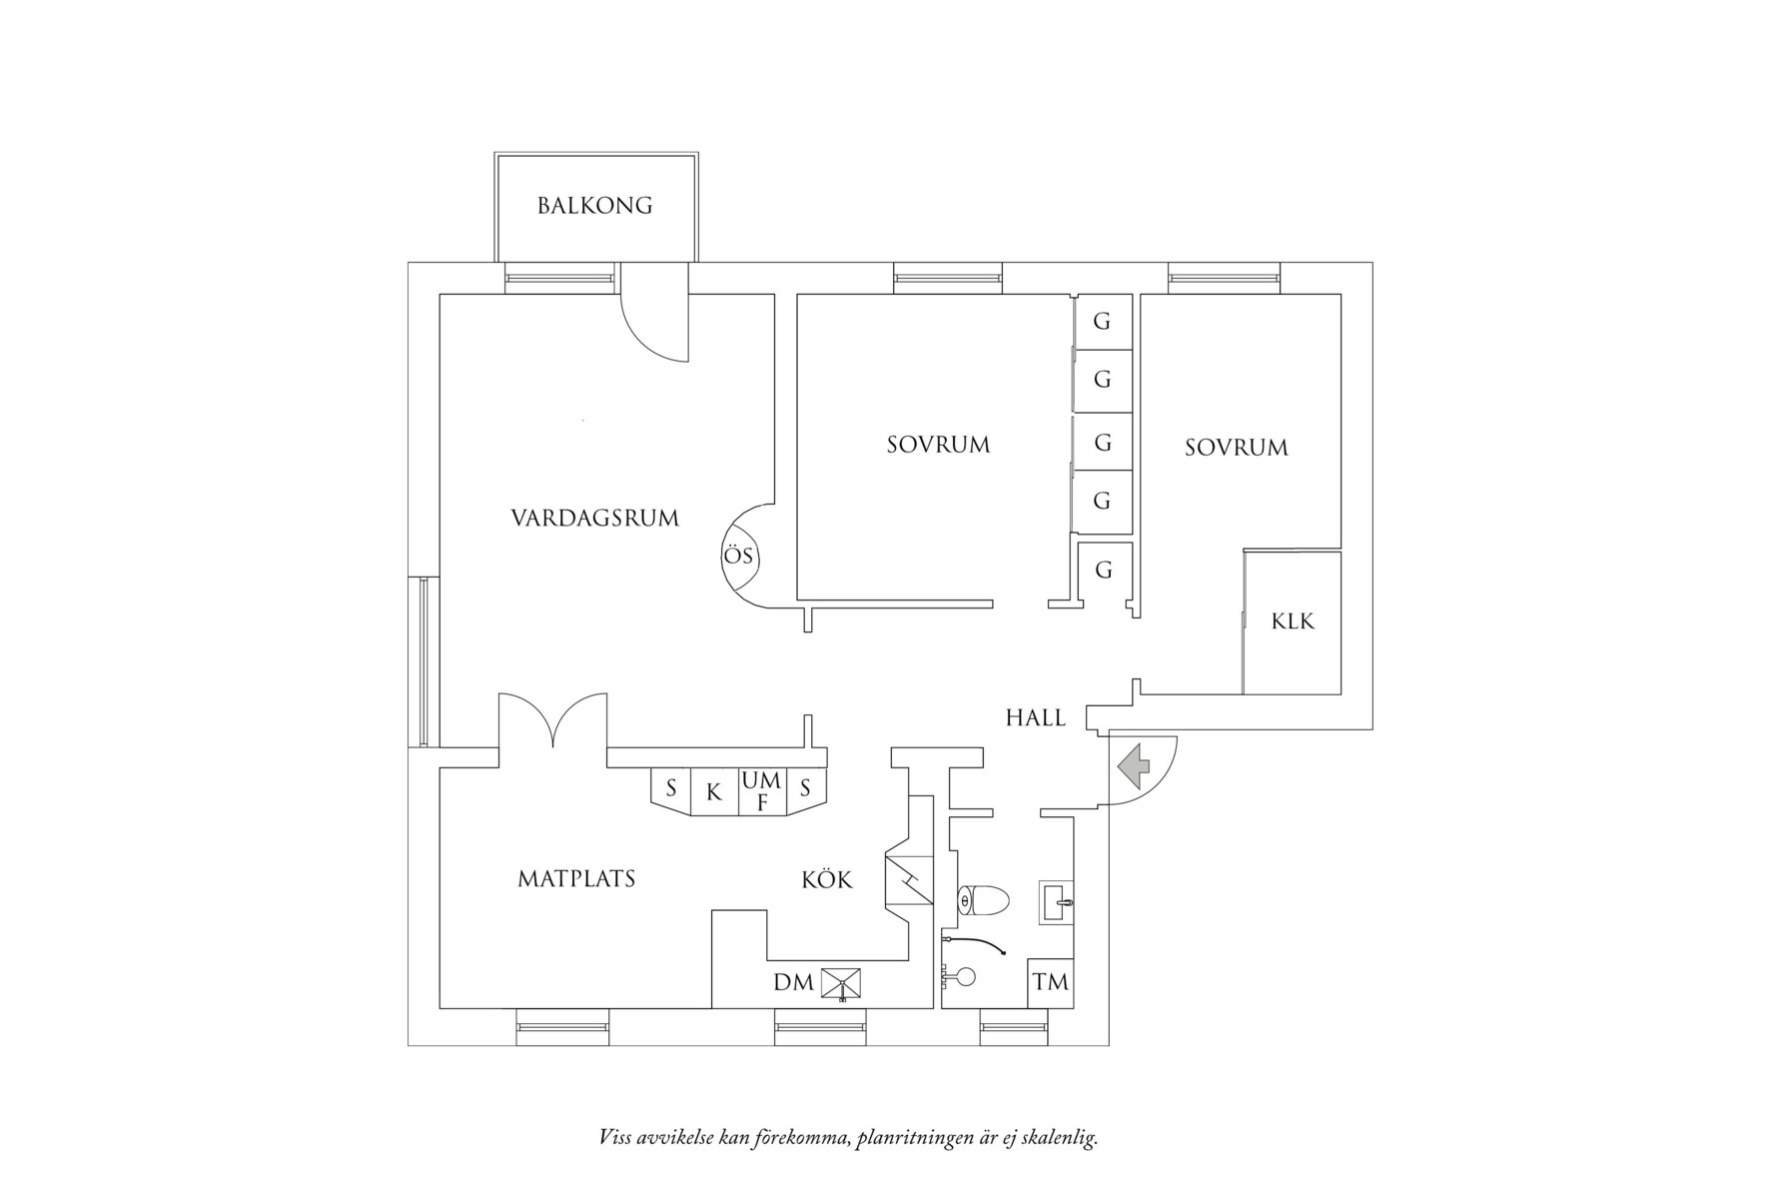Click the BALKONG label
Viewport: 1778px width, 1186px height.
pos(594,206)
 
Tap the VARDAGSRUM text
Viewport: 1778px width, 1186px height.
pos(594,519)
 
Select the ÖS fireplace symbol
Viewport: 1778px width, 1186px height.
pos(740,557)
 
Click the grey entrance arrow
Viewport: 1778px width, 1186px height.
pos(1134,766)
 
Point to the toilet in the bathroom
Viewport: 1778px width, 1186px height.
pos(982,900)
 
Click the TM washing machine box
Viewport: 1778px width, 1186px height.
pos(1051,983)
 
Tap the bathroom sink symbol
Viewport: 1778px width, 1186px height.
pos(1057,901)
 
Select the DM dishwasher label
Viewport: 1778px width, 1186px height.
pos(793,983)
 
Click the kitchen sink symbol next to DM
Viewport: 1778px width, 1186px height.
pos(841,984)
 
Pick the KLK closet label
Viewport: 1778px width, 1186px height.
pos(1293,621)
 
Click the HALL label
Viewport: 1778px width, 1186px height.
pos(1036,718)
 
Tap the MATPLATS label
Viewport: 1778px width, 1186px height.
pos(576,879)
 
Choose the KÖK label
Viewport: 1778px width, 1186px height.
pos(827,880)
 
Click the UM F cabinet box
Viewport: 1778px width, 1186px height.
pos(762,791)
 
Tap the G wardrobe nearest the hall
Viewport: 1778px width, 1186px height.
pos(1104,571)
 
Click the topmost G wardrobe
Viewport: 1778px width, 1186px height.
pos(1103,322)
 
